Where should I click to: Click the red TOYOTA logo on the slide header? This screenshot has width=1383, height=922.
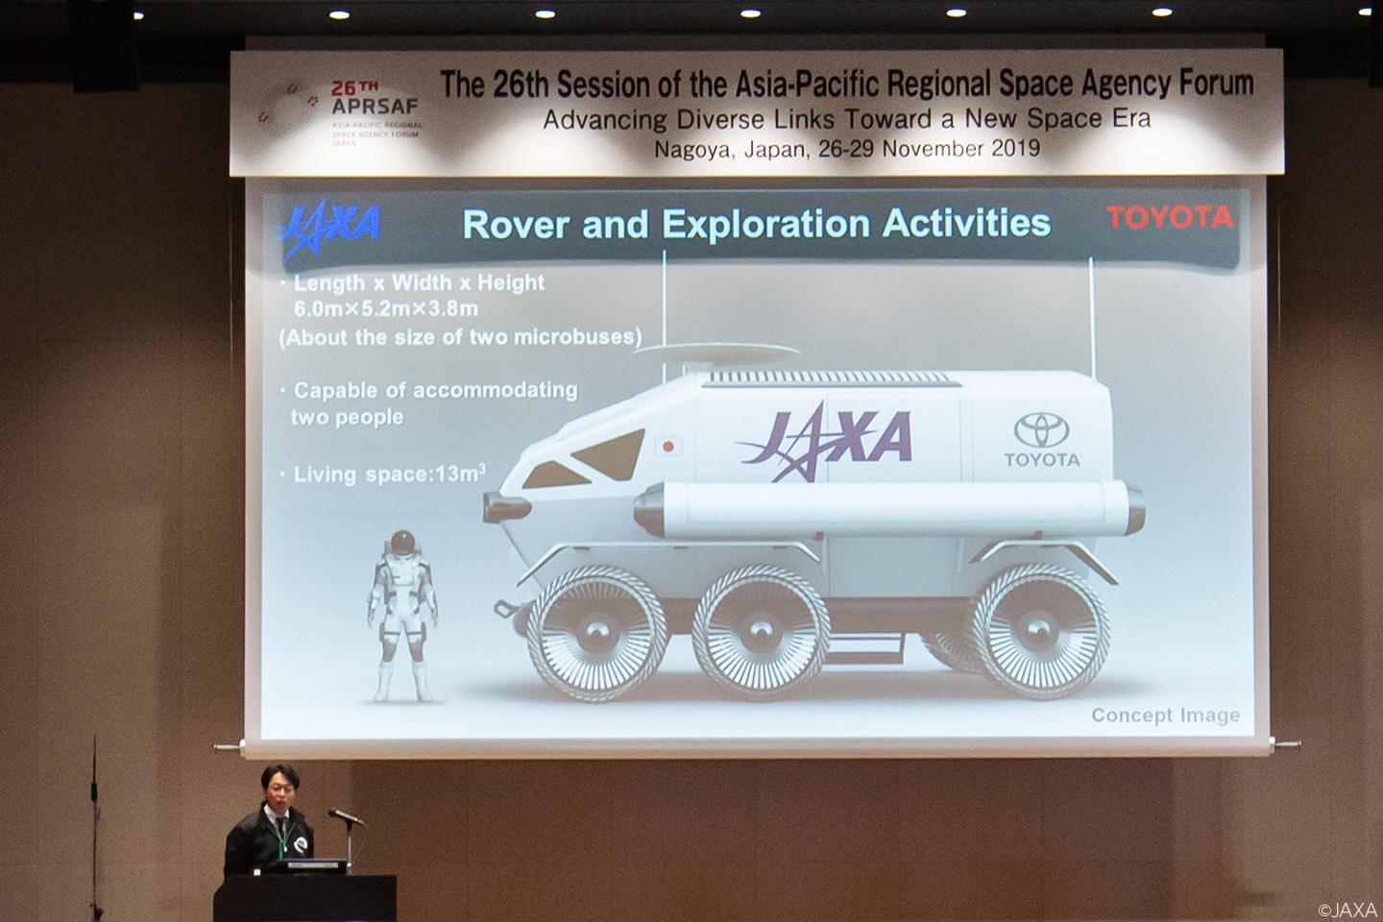[1170, 217]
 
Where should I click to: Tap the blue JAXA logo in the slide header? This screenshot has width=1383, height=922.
[329, 227]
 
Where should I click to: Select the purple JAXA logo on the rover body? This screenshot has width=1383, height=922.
[826, 441]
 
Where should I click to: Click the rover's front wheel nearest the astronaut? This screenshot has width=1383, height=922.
[597, 632]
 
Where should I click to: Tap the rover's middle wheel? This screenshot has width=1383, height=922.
[761, 632]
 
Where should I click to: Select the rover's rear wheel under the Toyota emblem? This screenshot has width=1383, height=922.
[1040, 631]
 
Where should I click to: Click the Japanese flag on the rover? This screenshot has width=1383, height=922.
[667, 446]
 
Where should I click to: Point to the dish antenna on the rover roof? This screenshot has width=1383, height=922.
[716, 352]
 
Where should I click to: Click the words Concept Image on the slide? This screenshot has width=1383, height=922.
[1166, 716]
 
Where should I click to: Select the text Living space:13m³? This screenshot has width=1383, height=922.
[389, 473]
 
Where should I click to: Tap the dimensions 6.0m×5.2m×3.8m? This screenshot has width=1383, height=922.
[386, 308]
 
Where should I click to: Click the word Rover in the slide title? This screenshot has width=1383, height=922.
[516, 224]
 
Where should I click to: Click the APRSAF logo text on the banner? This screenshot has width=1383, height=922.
[375, 107]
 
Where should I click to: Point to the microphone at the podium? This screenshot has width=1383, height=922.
[345, 816]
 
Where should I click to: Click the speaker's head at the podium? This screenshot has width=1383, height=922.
[280, 787]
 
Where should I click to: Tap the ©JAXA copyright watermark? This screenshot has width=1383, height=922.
[1347, 910]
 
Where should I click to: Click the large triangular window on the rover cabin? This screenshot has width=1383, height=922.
[611, 454]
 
